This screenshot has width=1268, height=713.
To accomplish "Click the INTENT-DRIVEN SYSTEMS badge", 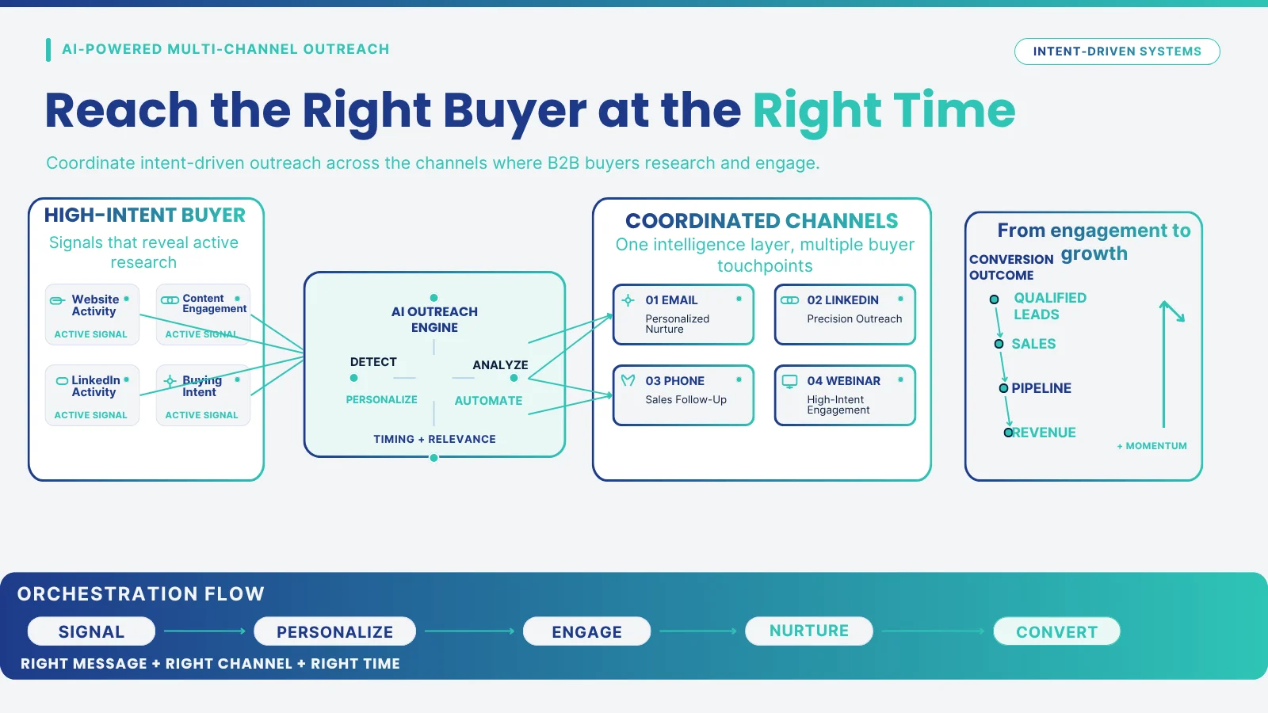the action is tap(1117, 51).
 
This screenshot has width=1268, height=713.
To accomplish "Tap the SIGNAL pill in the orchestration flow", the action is tap(91, 631).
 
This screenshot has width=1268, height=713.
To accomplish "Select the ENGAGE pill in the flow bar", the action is tap(586, 631).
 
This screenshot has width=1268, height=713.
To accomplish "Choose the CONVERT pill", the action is tap(1056, 631).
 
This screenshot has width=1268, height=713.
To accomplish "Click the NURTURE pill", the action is tap(809, 631).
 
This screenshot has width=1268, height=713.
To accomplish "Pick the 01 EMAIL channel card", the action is tap(683, 315).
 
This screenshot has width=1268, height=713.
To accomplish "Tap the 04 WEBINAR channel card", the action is tap(845, 395).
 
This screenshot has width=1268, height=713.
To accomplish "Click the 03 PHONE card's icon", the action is tap(628, 380).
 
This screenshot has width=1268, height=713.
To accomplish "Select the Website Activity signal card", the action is tap(92, 315).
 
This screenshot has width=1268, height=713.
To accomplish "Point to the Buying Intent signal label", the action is tap(201, 386).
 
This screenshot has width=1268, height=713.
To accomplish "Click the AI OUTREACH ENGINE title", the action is tap(434, 319).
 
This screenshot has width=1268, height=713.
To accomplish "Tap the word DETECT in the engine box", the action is tap(373, 361).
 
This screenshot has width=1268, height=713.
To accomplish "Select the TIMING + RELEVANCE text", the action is tap(434, 439).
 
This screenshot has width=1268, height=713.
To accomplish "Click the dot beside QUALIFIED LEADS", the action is tap(994, 299).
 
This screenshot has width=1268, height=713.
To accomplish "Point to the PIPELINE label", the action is tap(1041, 388).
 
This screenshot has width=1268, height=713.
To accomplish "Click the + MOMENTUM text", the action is tap(1152, 446).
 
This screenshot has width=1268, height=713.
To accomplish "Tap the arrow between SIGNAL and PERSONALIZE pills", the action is tap(204, 631).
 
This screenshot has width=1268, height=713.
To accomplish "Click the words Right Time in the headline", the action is tap(884, 111).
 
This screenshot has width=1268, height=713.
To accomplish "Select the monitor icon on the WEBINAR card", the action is tap(789, 381).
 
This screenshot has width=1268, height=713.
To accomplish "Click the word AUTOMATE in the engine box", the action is tap(488, 401).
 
